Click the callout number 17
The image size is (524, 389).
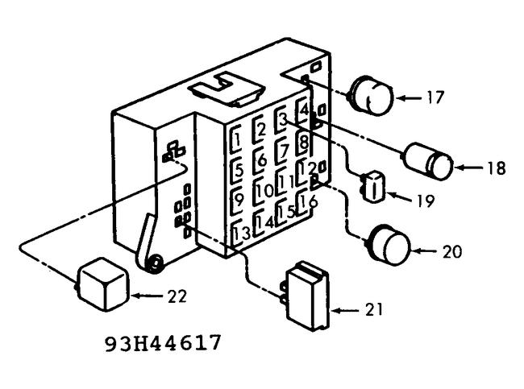435,97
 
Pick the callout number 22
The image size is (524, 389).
177,296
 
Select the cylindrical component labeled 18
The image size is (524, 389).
430,162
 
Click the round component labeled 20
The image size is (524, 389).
387,246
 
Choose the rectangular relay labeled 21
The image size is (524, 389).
309,295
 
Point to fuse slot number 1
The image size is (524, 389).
238,139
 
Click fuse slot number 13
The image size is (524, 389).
239,234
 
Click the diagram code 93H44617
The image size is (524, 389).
164,343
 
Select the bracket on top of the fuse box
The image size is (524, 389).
225,88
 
